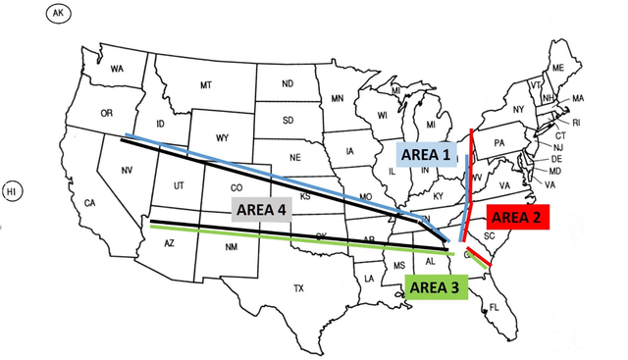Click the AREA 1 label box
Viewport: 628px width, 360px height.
point(424,154)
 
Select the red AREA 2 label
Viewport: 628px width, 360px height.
point(519,218)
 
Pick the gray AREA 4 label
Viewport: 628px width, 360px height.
point(259,209)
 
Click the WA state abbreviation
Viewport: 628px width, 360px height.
point(117,69)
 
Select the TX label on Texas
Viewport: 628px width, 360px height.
point(298,288)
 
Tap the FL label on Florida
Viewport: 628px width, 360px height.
point(494,306)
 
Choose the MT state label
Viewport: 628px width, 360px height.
point(206,86)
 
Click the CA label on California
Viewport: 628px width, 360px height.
point(89,204)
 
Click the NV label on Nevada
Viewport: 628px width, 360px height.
point(127,171)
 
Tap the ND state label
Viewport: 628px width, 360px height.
point(288,83)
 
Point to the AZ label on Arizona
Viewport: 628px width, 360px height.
point(169,243)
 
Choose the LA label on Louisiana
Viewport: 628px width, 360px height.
point(369,279)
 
